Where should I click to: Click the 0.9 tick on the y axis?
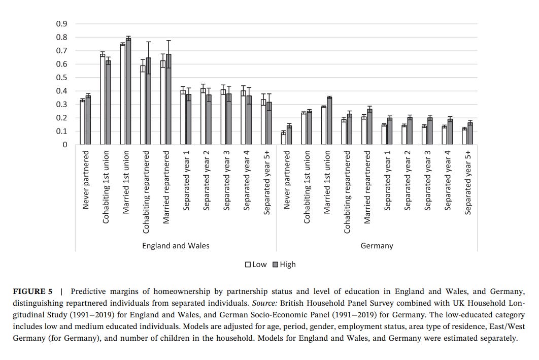tap(61, 24)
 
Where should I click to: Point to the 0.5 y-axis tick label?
tap(61, 78)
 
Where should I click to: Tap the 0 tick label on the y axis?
tap(64, 145)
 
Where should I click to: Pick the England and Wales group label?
tap(176, 246)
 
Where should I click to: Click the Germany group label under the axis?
tap(377, 246)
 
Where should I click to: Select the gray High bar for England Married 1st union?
tap(128, 91)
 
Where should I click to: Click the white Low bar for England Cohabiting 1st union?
tap(103, 100)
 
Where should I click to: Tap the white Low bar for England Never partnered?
tap(82, 122)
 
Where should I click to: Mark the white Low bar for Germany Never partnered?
tap(283, 139)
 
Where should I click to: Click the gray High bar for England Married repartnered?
tap(169, 100)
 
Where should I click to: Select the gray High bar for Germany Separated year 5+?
tap(470, 134)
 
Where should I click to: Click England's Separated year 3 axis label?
tap(227, 180)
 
